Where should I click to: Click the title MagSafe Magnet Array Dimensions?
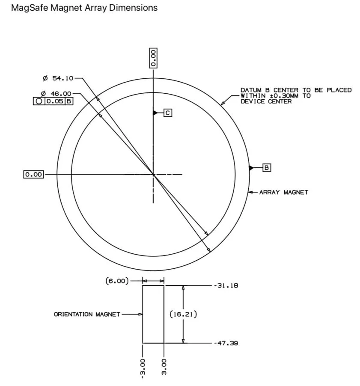pos(84,8)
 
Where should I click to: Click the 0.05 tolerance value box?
pos(55,101)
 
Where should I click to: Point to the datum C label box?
pos(168,113)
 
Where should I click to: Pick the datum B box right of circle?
pos(266,167)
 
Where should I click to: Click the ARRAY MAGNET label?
pos(283,192)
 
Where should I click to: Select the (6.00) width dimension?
pos(117,281)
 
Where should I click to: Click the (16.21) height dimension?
pos(183,314)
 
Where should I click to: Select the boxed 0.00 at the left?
pos(34,175)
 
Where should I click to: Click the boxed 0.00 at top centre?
pos(153,57)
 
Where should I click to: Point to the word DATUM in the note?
pos(250,90)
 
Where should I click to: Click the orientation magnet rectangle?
pos(153,314)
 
